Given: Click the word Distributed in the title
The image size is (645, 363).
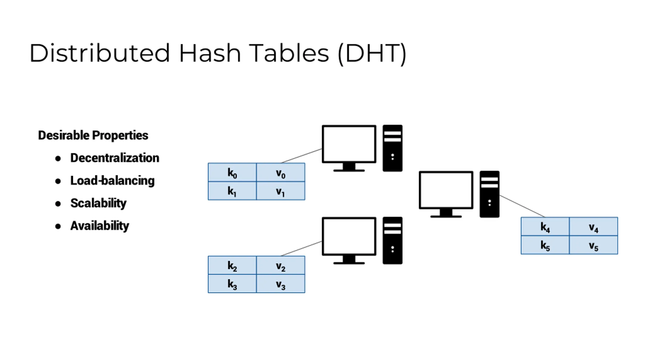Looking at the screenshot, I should coord(100,53).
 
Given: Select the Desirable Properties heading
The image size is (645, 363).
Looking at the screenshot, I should coord(93,135).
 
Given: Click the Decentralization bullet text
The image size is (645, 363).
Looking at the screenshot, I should coord(115,158).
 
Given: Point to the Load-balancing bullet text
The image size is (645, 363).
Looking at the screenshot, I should coord(112,181).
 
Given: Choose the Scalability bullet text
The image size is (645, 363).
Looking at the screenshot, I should coord(98,203).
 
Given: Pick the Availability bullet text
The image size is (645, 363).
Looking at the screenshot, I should coord(100,226).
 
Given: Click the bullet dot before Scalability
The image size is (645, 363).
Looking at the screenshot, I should coord(58,204).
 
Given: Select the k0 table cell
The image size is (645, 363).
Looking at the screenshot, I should coord(232,173).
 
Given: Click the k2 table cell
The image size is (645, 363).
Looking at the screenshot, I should coord(232,265).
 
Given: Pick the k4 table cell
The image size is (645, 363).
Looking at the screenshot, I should coord(545,227).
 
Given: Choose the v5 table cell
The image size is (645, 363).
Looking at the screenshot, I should coord(593,245).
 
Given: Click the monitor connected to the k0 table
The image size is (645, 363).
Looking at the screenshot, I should coord(349,144).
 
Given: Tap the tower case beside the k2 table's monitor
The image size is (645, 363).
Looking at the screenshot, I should coord(392,240).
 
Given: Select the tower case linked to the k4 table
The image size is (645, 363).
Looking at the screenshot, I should coord(489,194).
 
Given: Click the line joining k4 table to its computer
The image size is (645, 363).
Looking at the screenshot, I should coord(522,206).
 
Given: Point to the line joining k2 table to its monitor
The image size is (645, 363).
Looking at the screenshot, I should coord(301,249).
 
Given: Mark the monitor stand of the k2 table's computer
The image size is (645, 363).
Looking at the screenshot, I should coord(349,260).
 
